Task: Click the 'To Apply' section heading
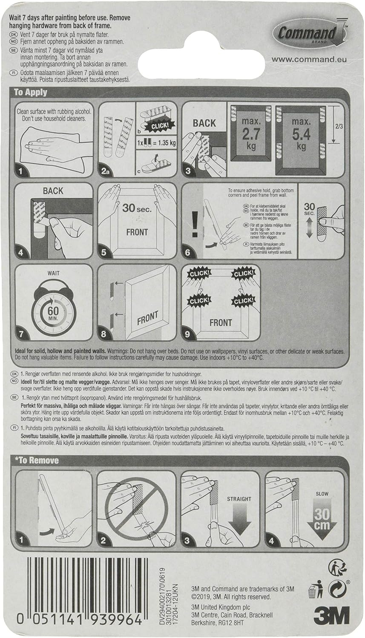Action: click(x=30, y=92)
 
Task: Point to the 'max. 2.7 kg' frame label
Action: click(x=251, y=134)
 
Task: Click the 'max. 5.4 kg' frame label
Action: click(x=301, y=135)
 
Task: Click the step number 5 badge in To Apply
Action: click(x=104, y=252)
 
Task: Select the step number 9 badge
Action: click(x=187, y=334)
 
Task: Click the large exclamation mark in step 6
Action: click(x=195, y=222)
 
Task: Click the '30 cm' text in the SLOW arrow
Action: click(x=322, y=519)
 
